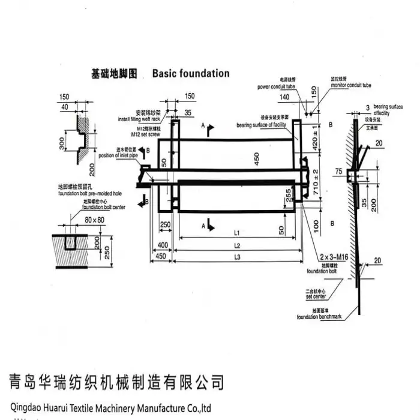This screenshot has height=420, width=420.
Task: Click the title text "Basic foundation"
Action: (x=191, y=73)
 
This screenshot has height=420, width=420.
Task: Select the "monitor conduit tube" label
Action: (x=350, y=86)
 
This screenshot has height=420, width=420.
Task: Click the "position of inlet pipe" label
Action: (x=118, y=155)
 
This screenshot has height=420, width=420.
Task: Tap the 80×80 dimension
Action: (x=95, y=220)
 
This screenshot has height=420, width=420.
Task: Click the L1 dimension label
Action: (x=237, y=232)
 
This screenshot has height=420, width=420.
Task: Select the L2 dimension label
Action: (x=237, y=246)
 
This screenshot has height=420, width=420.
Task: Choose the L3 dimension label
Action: (x=237, y=257)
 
